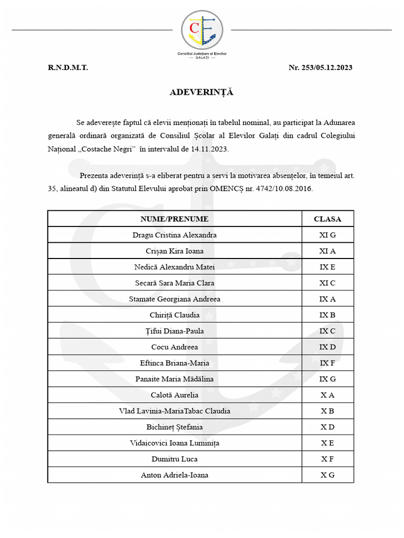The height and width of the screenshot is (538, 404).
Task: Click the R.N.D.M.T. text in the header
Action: point(68,68)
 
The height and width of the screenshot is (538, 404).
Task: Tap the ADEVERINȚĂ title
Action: point(201,92)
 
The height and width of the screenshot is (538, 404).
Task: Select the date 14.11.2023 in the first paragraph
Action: point(209,149)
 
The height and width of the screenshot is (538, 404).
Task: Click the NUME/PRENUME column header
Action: point(174,219)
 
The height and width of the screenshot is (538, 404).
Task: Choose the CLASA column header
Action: point(327,219)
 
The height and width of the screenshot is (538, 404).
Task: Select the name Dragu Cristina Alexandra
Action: point(174,235)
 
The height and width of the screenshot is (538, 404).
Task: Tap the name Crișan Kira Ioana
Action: point(174,251)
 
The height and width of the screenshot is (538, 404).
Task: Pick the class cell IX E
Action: point(327,267)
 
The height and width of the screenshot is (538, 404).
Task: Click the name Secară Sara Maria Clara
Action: point(174,283)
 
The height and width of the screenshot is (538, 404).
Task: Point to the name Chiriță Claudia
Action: point(174,315)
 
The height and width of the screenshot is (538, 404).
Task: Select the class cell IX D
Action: point(327,347)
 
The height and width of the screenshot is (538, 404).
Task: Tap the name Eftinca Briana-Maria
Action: point(174,363)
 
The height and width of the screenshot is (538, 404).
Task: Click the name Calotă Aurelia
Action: point(174,395)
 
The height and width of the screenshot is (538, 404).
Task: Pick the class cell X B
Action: point(327,411)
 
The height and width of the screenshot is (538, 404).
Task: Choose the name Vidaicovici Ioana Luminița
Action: point(174,443)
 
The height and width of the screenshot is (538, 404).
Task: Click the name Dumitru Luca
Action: point(174,459)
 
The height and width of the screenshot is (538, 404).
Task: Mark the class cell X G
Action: point(327,475)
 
